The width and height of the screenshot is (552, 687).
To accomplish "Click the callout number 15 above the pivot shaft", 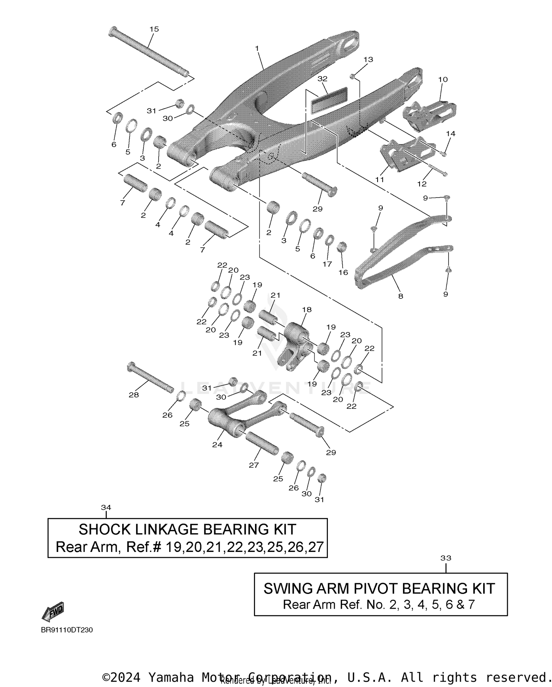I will coord(154,29).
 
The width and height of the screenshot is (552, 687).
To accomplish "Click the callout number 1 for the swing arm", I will coord(257,49).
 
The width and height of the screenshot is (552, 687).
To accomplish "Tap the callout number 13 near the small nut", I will coord(368,59).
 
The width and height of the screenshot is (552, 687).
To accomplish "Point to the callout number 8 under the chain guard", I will coord(400,295).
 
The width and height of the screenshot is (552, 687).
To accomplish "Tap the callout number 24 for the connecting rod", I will coord(217,445).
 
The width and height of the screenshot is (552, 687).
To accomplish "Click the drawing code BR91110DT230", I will coord(67,630).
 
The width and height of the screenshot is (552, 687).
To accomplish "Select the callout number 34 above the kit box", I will coord(106,507).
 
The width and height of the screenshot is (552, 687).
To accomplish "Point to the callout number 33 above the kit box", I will coord(446,558).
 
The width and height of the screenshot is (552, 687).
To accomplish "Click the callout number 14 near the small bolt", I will coord(450,134).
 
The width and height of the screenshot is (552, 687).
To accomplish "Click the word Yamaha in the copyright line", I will coord(171,677).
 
